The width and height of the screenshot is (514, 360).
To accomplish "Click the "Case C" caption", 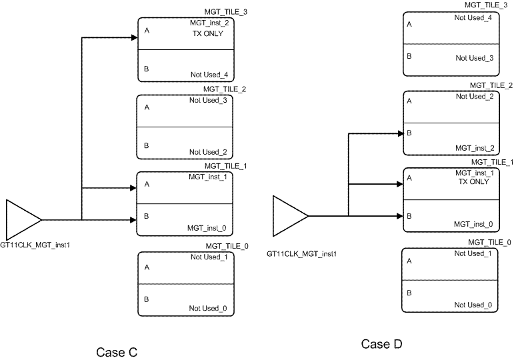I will pyautogui.click(x=117, y=352).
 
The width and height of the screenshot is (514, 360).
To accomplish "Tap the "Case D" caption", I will pyautogui.click(x=382, y=344).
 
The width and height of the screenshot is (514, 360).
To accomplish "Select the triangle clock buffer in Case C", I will pyautogui.click(x=22, y=219).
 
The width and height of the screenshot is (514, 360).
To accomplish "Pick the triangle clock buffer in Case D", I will pyautogui.click(x=289, y=215).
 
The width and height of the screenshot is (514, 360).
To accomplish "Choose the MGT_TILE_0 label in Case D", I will pyautogui.click(x=490, y=242).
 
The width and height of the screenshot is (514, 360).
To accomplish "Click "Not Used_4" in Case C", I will pyautogui.click(x=208, y=75).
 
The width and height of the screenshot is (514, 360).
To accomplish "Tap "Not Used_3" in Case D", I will pyautogui.click(x=474, y=58).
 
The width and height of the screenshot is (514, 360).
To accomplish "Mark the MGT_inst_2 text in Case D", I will pyautogui.click(x=474, y=147).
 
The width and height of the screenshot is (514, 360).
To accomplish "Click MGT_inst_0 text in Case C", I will pyautogui.click(x=208, y=229).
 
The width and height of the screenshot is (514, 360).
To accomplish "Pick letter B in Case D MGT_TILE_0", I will pyautogui.click(x=409, y=293).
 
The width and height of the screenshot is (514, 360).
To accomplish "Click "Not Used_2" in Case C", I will pyautogui.click(x=208, y=152).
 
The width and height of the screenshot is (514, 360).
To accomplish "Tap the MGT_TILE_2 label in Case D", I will pyautogui.click(x=491, y=85).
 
